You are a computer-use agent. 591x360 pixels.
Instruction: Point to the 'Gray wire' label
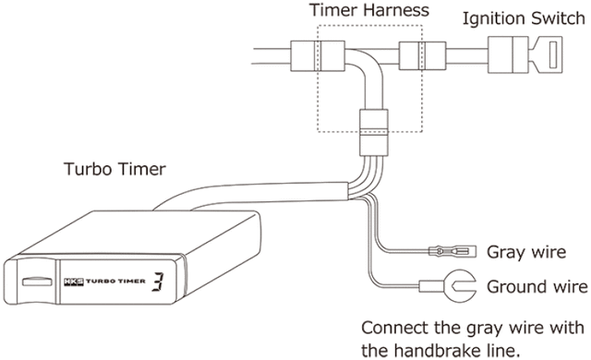tap(521, 251)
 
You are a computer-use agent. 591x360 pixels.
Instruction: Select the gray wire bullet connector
tap(445, 249)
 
